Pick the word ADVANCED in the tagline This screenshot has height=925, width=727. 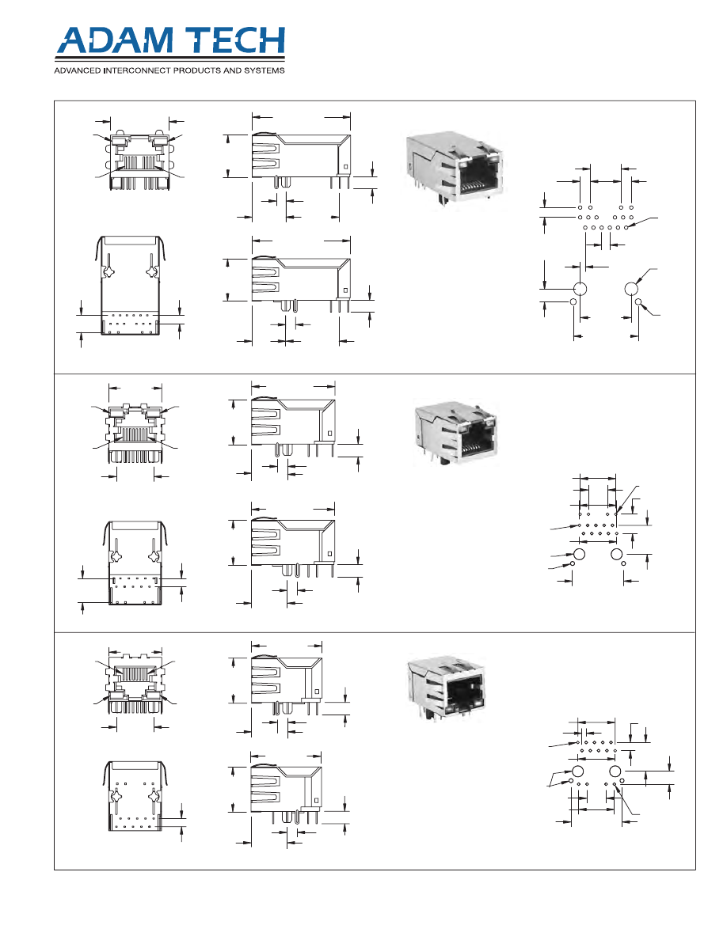coord(77,70)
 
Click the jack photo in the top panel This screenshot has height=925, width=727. coord(454,170)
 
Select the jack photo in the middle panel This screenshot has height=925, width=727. coord(456,432)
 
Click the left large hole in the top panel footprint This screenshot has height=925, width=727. coord(580,289)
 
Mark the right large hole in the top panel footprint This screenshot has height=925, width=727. coord(631,289)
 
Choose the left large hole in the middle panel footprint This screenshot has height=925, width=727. coord(580,554)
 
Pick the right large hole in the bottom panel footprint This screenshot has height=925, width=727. coord(615,771)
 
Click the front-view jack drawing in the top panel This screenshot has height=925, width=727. coord(139,160)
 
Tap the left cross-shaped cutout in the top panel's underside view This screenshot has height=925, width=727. coord(108,272)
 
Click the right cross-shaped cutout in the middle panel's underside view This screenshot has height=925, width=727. coord(154,557)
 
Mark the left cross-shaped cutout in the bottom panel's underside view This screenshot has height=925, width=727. coord(117,796)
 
